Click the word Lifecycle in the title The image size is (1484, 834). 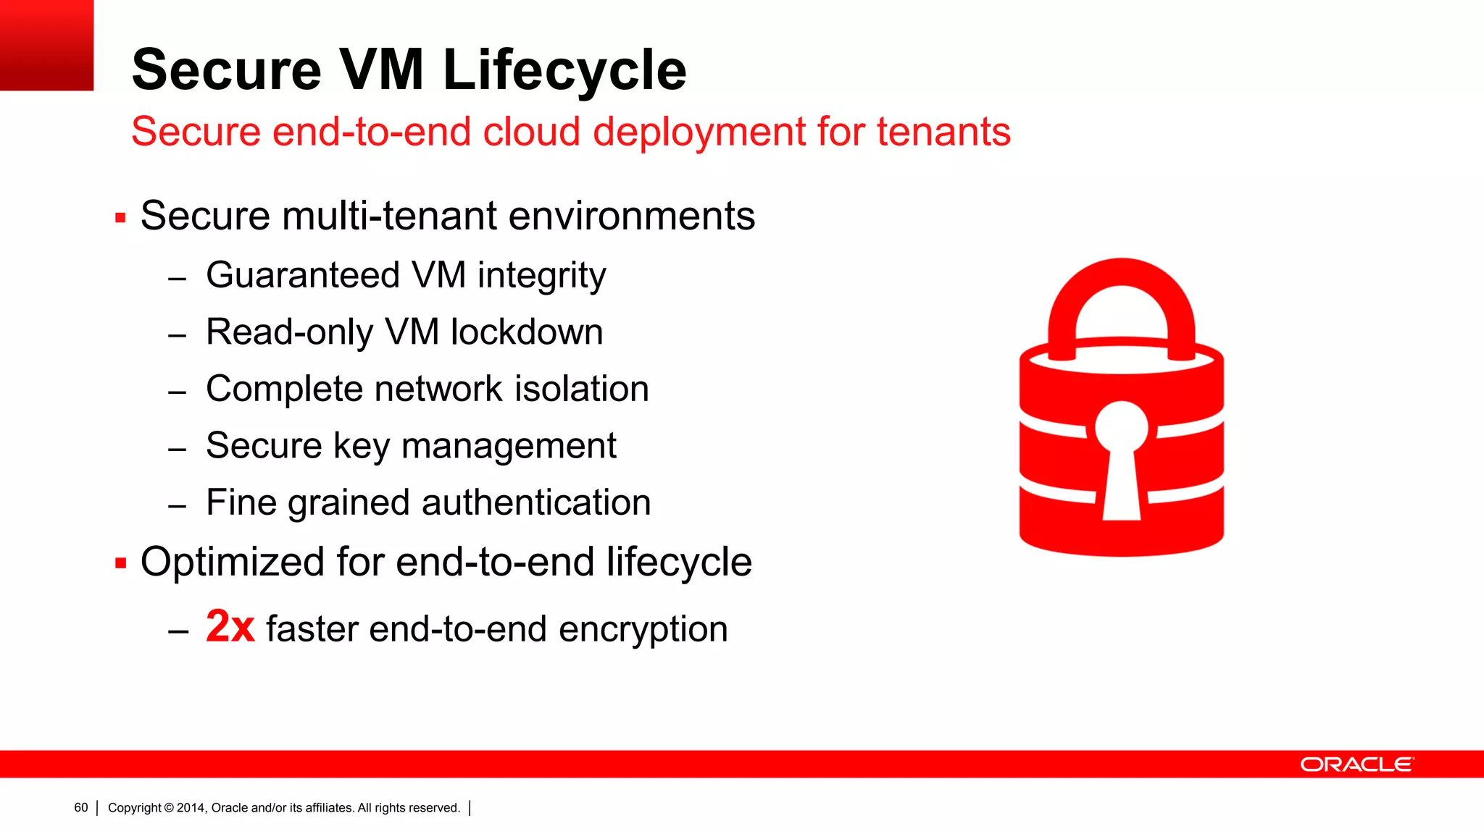(x=564, y=70)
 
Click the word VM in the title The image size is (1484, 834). (x=382, y=70)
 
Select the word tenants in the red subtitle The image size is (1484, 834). (x=943, y=132)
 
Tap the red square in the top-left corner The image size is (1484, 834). (x=46, y=45)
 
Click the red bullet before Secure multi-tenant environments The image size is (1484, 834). (x=120, y=217)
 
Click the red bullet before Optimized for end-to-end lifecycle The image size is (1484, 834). (x=120, y=563)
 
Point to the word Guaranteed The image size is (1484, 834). (x=303, y=276)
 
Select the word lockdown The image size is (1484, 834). (x=527, y=332)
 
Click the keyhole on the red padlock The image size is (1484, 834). (x=1121, y=456)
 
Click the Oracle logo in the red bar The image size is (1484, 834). (x=1356, y=764)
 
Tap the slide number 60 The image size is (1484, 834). (x=81, y=808)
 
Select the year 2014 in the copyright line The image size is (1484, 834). (x=191, y=808)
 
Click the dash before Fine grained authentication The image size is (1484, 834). (x=178, y=506)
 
